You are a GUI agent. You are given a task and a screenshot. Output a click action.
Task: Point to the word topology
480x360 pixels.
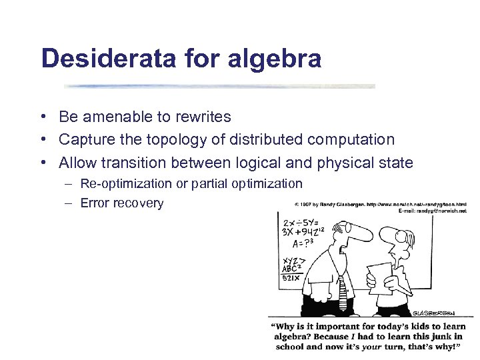click(198, 140)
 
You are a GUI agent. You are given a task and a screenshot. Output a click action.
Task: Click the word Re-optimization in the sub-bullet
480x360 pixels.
click(124, 183)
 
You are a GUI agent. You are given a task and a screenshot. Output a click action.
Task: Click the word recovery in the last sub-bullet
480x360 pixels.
click(139, 203)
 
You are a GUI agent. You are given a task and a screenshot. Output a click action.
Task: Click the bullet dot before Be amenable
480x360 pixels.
click(42, 117)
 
